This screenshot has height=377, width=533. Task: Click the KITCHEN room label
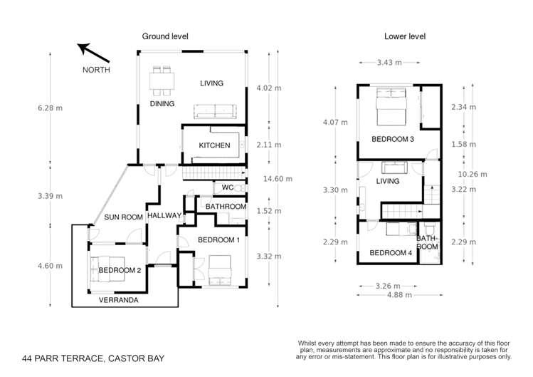(x=214, y=145)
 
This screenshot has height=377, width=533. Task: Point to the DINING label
(x=162, y=103)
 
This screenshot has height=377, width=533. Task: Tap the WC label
(x=228, y=189)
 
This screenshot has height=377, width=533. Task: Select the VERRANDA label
(x=119, y=301)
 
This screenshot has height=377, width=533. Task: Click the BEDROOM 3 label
(x=392, y=139)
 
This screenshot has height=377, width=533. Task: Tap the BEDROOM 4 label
(x=391, y=253)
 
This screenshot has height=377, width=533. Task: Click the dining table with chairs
(x=162, y=80)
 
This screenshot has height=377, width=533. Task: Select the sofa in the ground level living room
(x=216, y=111)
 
